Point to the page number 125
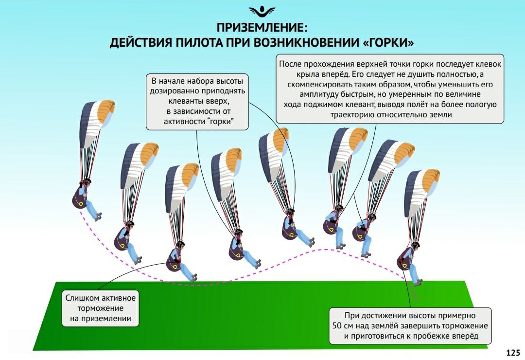pyautogui.click(x=513, y=353)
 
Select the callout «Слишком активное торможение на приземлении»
pyautogui.click(x=101, y=308)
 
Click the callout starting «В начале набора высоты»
pyautogui.click(x=197, y=102)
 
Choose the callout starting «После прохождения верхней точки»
pyautogui.click(x=390, y=89)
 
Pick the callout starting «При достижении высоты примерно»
pyautogui.click(x=410, y=326)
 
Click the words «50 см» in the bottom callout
pyautogui.click(x=343, y=326)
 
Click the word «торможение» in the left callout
pyautogui.click(x=101, y=308)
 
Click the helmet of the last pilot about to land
pyautogui.click(x=415, y=244)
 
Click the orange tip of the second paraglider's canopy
pyautogui.click(x=149, y=154)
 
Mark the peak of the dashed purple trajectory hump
pyautogui.click(x=324, y=250)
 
